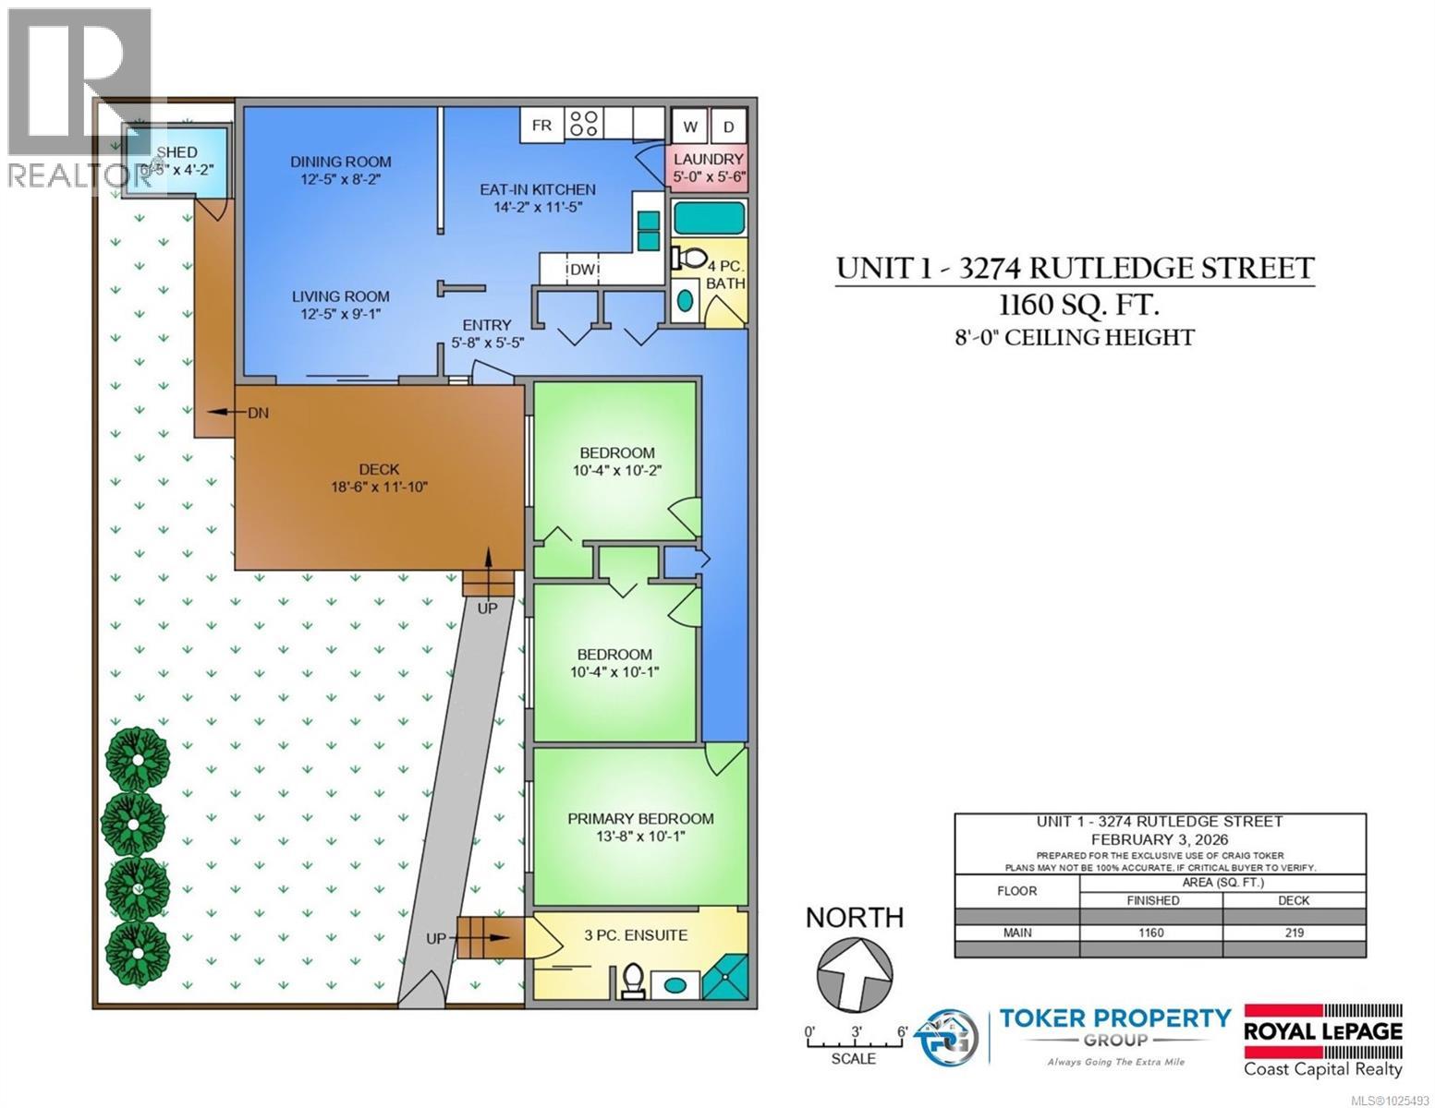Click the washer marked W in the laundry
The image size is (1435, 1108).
(689, 127)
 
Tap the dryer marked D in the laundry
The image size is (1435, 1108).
(728, 127)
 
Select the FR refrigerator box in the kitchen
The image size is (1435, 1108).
(541, 125)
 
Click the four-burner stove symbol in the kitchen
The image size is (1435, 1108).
(585, 125)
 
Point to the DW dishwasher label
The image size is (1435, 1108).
(582, 270)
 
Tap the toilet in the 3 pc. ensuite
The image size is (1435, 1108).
(633, 981)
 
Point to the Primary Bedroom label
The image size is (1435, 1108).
(640, 819)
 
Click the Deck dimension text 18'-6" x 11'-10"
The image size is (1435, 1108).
(380, 488)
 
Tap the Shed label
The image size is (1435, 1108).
(176, 152)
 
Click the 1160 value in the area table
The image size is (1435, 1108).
(1150, 933)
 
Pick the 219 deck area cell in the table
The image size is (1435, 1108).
(1294, 933)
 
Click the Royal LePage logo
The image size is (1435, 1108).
(1323, 1041)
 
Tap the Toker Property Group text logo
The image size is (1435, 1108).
(1115, 1029)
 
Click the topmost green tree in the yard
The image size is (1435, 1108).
(137, 758)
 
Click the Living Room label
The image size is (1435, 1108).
(341, 296)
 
